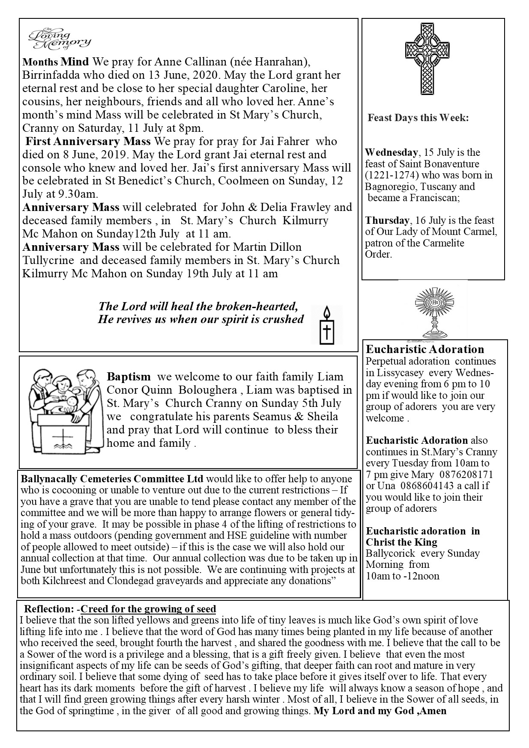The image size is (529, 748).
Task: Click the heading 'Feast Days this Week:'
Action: [418, 118]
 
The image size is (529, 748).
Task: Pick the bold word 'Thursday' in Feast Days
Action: [387, 221]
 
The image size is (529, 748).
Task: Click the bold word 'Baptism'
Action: [129, 377]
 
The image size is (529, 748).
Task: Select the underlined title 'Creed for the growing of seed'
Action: [148, 609]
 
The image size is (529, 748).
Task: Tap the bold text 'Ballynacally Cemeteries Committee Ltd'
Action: [112, 479]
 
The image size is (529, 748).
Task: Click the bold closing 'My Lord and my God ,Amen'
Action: [380, 711]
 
